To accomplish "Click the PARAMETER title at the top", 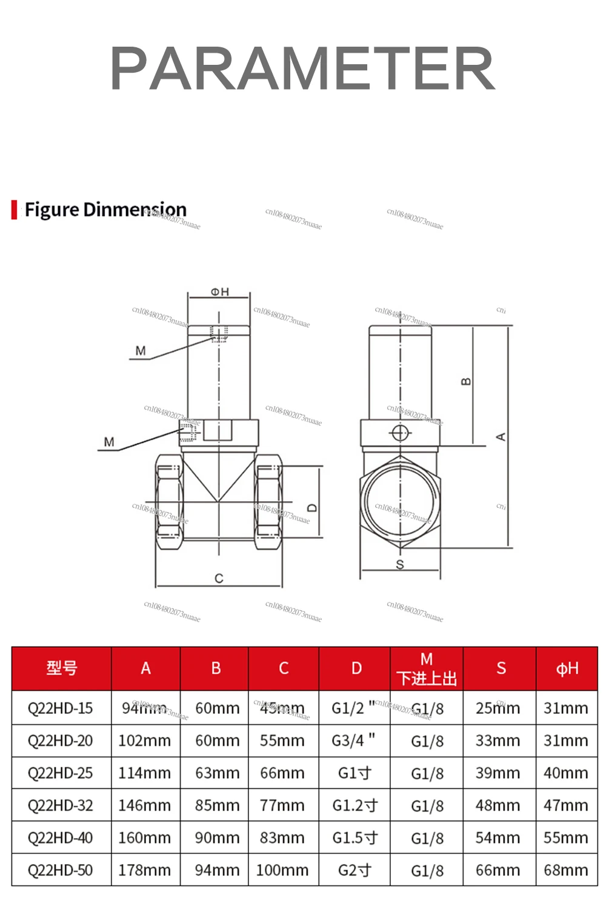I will pyautogui.click(x=303, y=68).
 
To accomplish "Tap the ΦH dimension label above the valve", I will pyautogui.click(x=219, y=291).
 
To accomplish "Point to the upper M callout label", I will pyautogui.click(x=141, y=350).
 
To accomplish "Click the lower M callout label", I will pyautogui.click(x=109, y=442).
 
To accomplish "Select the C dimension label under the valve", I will pyautogui.click(x=219, y=579).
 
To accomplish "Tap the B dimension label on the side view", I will pyautogui.click(x=465, y=382).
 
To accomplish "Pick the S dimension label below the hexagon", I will pyautogui.click(x=400, y=564).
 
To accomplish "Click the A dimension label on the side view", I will pyautogui.click(x=501, y=437).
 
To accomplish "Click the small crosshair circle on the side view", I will pyautogui.click(x=400, y=433).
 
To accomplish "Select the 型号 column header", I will pyautogui.click(x=62, y=668).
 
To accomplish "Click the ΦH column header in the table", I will pyautogui.click(x=567, y=668).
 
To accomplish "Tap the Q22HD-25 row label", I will pyautogui.click(x=61, y=773).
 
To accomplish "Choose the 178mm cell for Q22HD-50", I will pyautogui.click(x=145, y=870).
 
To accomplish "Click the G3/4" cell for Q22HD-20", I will pyautogui.click(x=354, y=741).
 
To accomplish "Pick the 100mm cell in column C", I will pyautogui.click(x=282, y=870).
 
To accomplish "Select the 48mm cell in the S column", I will pyautogui.click(x=498, y=805).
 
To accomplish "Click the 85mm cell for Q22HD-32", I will pyautogui.click(x=217, y=805).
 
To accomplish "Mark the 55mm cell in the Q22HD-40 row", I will pyautogui.click(x=565, y=838).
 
